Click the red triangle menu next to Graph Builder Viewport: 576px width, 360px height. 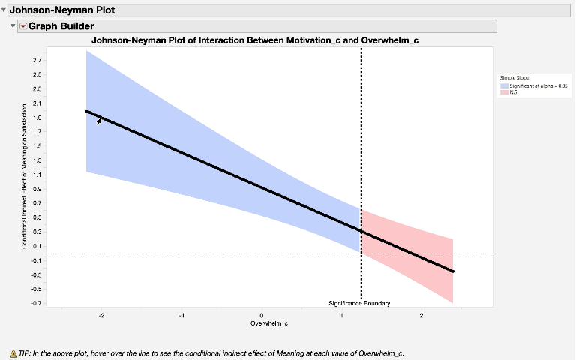tap(22, 26)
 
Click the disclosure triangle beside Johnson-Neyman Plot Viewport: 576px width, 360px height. tap(4, 11)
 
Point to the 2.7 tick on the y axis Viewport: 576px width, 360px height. tap(37, 59)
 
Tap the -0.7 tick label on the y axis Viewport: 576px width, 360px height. tap(36, 303)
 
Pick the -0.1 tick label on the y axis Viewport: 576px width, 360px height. tap(36, 260)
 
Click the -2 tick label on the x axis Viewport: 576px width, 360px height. tap(100, 315)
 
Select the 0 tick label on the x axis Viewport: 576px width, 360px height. tap(261, 315)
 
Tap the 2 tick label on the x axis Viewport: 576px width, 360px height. tap(421, 315)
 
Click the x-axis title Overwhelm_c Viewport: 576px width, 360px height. tap(269, 323)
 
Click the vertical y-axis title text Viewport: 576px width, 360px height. tap(24, 176)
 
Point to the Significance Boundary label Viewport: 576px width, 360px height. tap(359, 303)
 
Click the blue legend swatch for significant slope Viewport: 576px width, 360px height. tap(504, 86)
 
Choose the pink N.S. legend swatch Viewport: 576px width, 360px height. tap(504, 92)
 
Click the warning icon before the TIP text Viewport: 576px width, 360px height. tap(13, 352)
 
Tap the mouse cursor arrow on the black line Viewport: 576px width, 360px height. tap(100, 120)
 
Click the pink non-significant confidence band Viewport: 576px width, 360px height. tap(409, 251)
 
